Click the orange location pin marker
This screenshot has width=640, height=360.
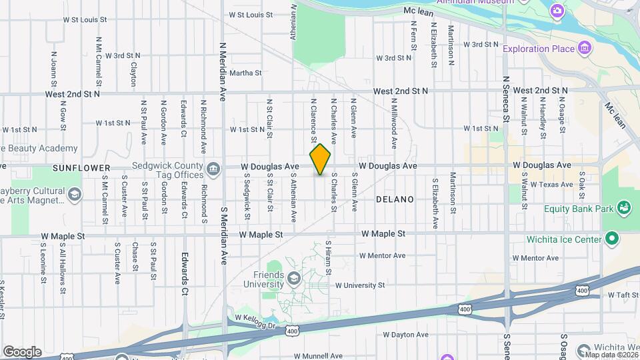(320, 159)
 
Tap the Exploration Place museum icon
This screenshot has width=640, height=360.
(585, 48)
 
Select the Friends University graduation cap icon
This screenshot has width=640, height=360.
(294, 279)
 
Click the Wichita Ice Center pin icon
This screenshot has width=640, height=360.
(612, 239)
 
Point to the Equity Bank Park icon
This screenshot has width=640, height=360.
(624, 209)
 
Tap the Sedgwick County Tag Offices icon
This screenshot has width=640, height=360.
(213, 169)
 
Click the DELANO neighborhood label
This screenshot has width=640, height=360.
(395, 199)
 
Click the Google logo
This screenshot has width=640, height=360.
(22, 351)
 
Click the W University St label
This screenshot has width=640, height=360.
(360, 285)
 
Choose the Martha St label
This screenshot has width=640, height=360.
(245, 73)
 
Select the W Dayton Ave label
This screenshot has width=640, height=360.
(406, 334)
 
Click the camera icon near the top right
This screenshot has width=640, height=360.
(557, 11)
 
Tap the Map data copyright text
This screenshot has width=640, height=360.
(609, 354)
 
